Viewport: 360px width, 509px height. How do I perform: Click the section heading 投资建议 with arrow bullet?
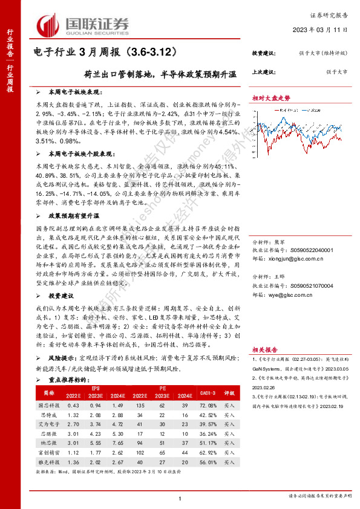[61, 296]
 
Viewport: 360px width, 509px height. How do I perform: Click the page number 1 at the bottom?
[180, 497]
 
